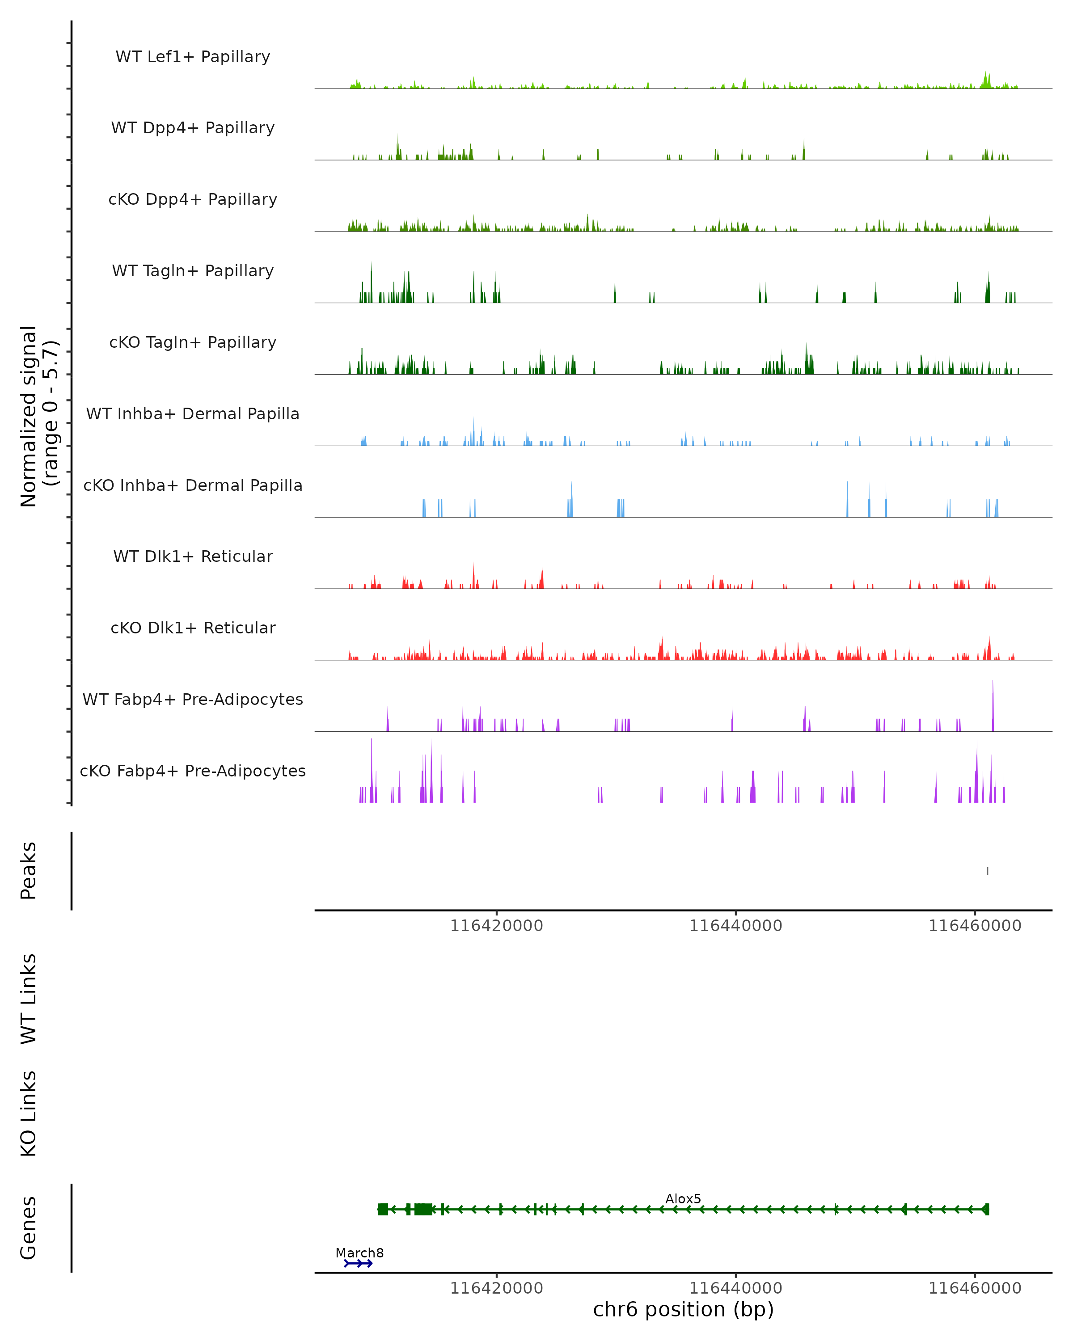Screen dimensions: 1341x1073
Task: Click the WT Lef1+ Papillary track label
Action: click(193, 57)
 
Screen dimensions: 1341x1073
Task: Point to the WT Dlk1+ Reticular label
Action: click(193, 556)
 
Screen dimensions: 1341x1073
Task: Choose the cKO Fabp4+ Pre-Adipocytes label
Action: click(193, 771)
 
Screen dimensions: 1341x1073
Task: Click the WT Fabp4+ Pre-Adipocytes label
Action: click(193, 699)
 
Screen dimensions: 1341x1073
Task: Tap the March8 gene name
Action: click(359, 1252)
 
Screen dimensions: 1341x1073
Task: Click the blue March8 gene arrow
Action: click(358, 1263)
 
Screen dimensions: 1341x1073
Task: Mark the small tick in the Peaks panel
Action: click(987, 871)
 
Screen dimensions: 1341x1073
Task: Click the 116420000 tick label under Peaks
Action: click(496, 926)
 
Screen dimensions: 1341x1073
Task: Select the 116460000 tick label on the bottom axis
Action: click(975, 1288)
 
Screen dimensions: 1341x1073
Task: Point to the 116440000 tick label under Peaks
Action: click(736, 926)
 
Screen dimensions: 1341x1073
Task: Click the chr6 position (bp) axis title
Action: click(683, 1310)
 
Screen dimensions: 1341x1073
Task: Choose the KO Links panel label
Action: click(29, 1113)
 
